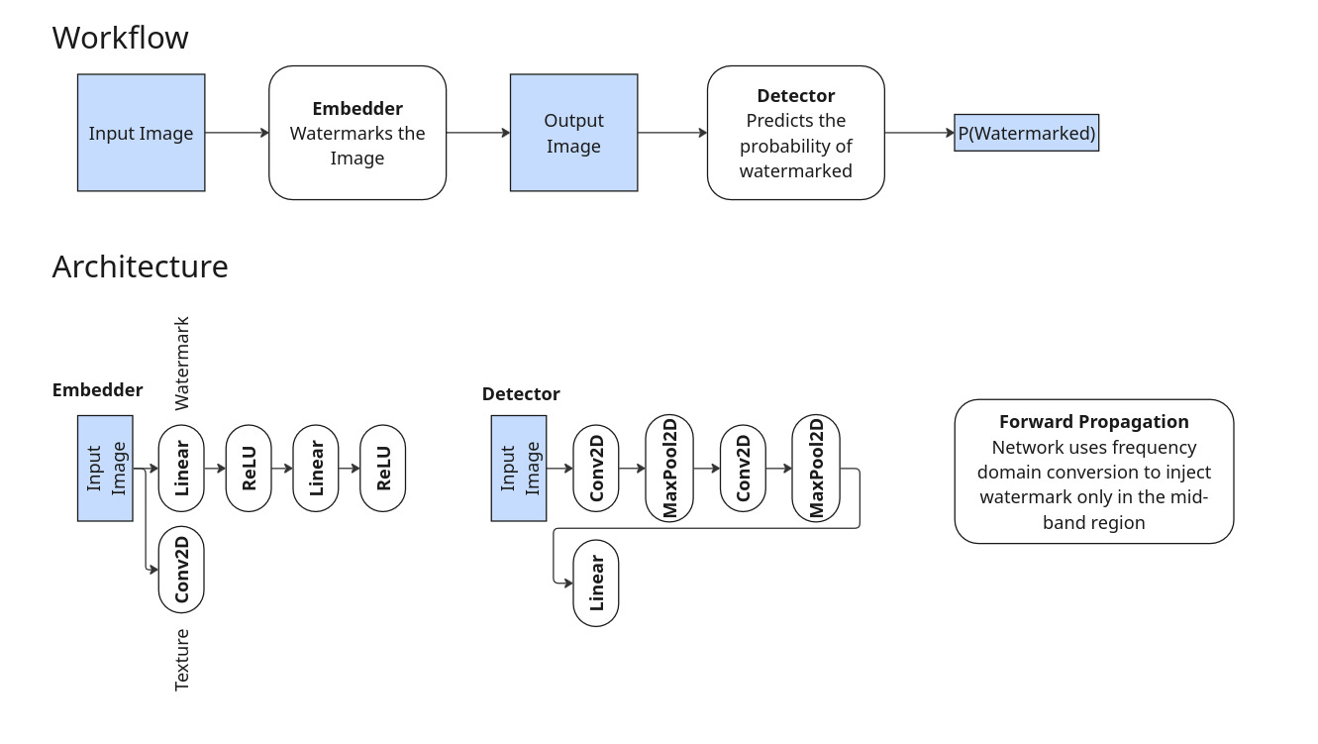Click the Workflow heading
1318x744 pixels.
(120, 38)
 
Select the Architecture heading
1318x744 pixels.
(140, 267)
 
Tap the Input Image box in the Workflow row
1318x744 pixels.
(141, 133)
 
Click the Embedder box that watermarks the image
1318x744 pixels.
(357, 133)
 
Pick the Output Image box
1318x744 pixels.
(573, 133)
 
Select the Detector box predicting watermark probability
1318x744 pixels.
(795, 133)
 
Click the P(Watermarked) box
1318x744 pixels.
(1026, 133)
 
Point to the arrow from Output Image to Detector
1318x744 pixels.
(672, 133)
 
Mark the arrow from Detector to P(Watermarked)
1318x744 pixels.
(919, 133)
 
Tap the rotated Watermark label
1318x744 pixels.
(182, 364)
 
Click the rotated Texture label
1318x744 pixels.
(182, 660)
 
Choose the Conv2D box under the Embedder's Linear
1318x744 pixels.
(181, 570)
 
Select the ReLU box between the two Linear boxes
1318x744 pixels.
(249, 469)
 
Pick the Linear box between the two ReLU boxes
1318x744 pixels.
(316, 469)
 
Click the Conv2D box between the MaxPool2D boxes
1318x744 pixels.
(744, 469)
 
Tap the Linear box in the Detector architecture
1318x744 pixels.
(596, 583)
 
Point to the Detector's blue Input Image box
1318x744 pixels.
(519, 469)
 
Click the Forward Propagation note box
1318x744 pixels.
(1093, 472)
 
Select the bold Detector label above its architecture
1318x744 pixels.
(521, 394)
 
